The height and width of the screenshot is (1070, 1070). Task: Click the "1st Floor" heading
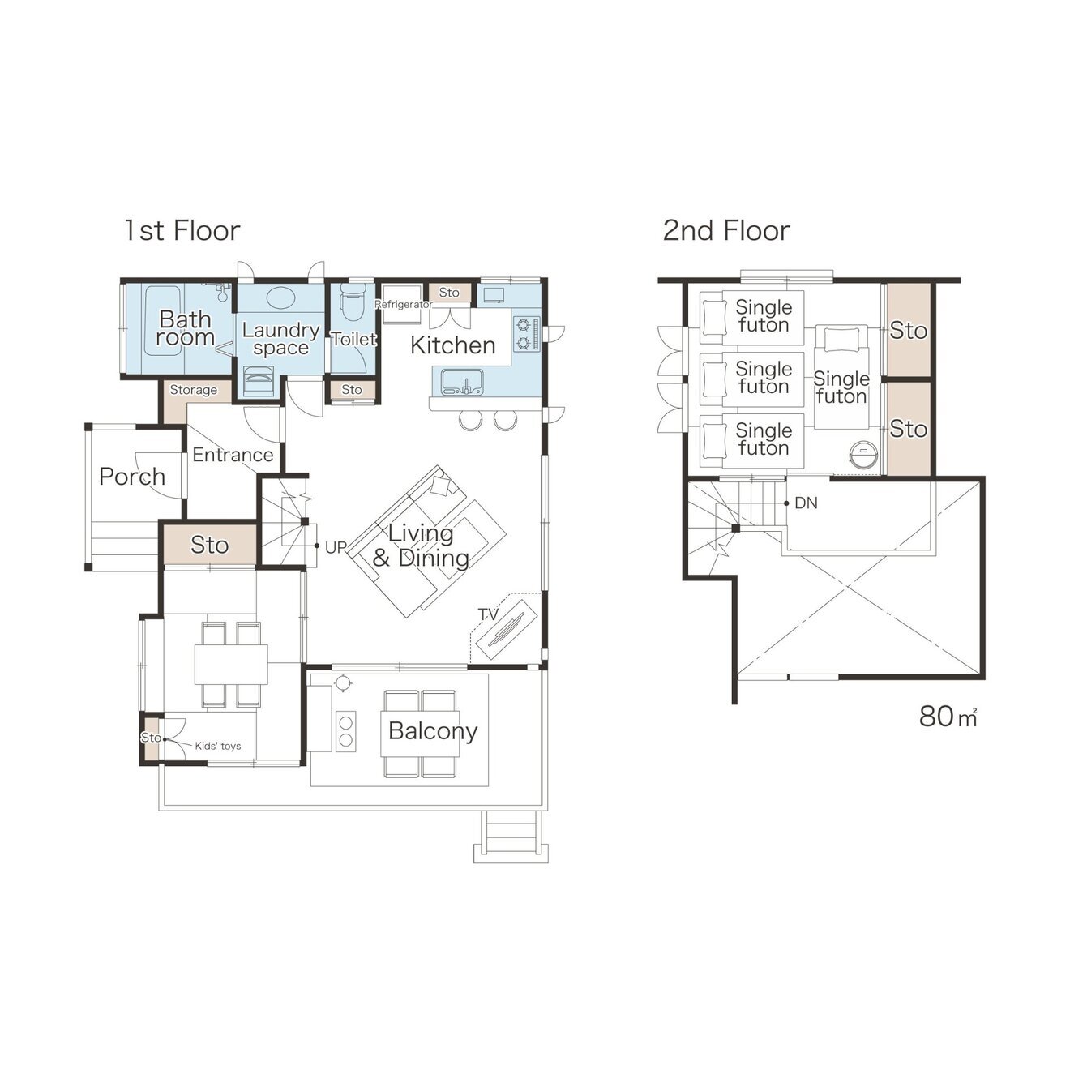point(182,230)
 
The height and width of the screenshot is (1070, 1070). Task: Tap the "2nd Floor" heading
point(725,230)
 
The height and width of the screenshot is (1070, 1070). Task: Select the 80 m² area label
point(948,717)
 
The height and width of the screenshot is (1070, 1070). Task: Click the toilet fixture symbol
point(353,302)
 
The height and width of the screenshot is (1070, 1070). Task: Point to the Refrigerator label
point(403,304)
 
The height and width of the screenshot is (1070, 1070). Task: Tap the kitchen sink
point(462,382)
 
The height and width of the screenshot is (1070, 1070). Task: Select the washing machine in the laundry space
point(259,380)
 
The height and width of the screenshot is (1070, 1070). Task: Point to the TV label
point(488,614)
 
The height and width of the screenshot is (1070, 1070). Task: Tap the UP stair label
point(336,547)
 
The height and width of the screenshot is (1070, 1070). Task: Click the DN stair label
point(806,503)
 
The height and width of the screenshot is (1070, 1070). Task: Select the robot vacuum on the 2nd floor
point(863,454)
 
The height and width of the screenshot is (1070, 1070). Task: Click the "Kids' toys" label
point(218,746)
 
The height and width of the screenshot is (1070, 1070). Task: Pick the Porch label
point(132,477)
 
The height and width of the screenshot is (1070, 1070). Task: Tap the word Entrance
point(233,455)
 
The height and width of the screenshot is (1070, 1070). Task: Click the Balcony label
point(433,730)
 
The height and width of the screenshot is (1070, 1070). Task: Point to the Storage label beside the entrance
point(193,390)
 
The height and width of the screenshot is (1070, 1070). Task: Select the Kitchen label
point(452,345)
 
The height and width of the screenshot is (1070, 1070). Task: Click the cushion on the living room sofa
point(442,486)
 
